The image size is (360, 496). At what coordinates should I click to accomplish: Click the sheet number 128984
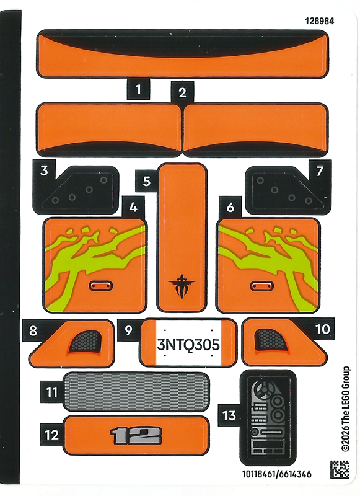tap(319, 21)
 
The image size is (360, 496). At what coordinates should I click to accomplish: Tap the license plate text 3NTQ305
tap(188, 345)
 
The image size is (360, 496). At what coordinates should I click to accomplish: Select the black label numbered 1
tap(138, 89)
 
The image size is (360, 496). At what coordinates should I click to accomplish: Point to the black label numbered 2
tap(182, 92)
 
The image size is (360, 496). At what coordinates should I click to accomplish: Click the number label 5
tap(147, 181)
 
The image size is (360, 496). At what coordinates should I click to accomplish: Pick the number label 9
tap(128, 330)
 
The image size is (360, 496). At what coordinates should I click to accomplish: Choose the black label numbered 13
tap(229, 415)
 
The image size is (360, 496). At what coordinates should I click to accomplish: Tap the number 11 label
tap(52, 392)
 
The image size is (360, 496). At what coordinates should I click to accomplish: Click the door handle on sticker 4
tap(100, 286)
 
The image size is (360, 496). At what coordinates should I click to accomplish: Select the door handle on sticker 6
tap(262, 286)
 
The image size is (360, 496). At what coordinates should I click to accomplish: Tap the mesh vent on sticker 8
tap(86, 341)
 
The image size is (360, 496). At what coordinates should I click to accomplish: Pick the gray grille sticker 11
tap(136, 391)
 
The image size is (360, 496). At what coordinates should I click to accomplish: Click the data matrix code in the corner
tap(340, 469)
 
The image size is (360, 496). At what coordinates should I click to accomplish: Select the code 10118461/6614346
tap(277, 474)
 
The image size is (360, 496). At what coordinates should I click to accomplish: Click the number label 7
tap(320, 171)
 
